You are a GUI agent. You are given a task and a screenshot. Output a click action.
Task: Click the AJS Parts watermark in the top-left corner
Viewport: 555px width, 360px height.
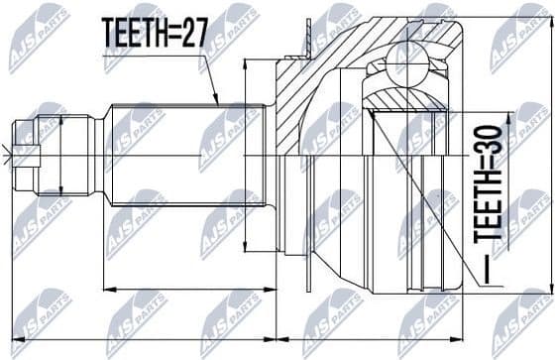pos(38,37)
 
